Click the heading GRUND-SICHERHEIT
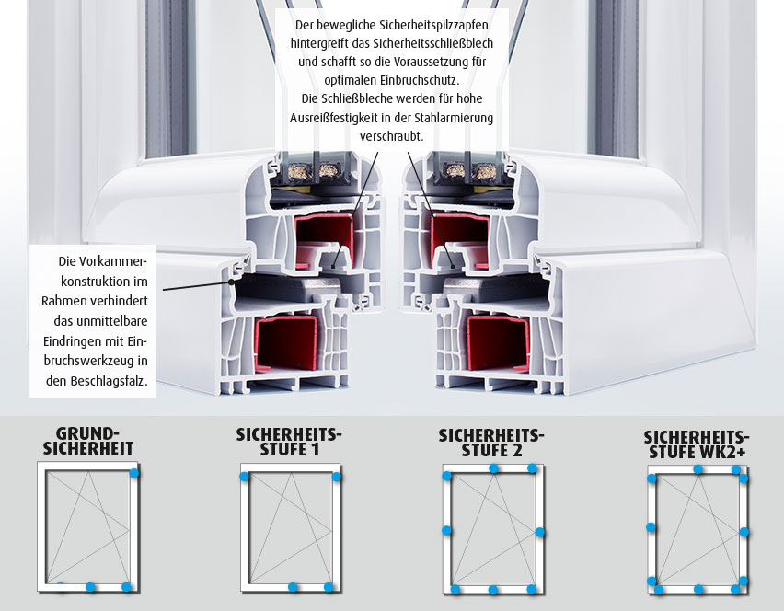(x=88, y=441)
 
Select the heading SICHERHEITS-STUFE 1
(x=289, y=442)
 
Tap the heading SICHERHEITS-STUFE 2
(x=491, y=443)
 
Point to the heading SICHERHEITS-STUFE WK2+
(x=697, y=444)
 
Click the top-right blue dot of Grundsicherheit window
(x=133, y=472)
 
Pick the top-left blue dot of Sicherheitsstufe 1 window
(x=244, y=477)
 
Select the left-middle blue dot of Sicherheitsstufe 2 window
(x=446, y=531)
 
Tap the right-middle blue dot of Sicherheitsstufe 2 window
(x=539, y=532)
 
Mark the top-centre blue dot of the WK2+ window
(x=698, y=469)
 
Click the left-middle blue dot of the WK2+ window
(x=651, y=527)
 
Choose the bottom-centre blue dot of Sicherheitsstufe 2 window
(x=493, y=590)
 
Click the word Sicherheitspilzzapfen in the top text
(x=434, y=25)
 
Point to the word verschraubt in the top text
(x=390, y=136)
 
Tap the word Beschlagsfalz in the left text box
(x=108, y=381)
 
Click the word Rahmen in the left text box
(x=61, y=301)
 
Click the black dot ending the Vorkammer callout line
(x=232, y=282)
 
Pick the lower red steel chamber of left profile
(x=286, y=343)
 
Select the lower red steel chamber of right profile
(x=498, y=343)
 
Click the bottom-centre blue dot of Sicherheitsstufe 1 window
(x=293, y=587)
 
